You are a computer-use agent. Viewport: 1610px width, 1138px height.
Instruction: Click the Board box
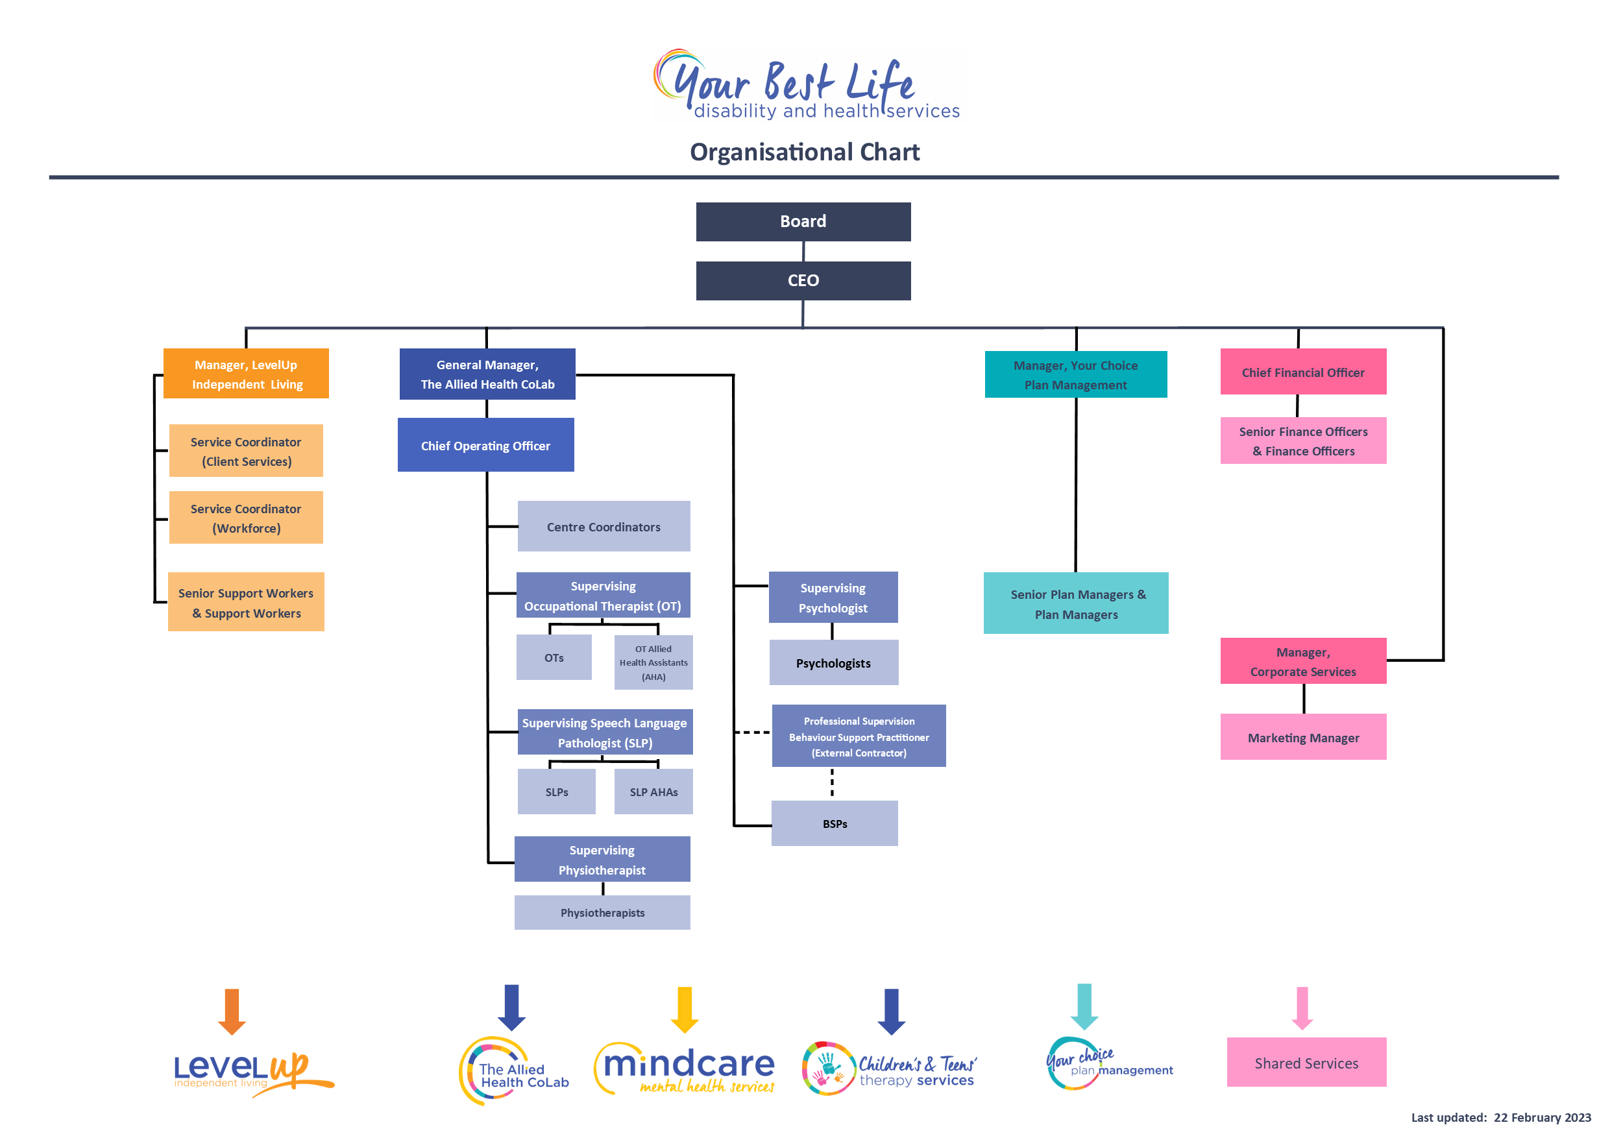point(803,222)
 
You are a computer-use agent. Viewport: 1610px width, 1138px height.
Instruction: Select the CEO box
point(803,280)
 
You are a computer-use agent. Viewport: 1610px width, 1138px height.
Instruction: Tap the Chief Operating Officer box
point(485,445)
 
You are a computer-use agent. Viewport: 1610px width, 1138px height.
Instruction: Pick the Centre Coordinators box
point(603,527)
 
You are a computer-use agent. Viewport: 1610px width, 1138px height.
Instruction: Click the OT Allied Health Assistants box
point(653,662)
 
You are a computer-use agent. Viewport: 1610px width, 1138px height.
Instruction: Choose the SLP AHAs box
point(653,792)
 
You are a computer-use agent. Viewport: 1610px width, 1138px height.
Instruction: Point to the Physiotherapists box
point(602,912)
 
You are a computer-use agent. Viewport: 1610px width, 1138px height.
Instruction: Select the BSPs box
point(835,823)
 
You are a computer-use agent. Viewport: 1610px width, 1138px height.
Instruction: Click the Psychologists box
point(833,662)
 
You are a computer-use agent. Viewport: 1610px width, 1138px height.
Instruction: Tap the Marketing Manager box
point(1303,737)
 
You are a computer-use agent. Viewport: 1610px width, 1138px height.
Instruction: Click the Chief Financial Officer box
point(1303,372)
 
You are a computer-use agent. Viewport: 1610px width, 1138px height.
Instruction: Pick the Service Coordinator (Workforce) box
point(245,518)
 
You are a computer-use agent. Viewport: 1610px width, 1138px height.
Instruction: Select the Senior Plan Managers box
point(1076,603)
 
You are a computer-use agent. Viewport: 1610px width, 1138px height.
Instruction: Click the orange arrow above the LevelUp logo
point(232,1011)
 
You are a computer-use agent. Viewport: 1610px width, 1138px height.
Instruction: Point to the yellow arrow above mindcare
point(685,1010)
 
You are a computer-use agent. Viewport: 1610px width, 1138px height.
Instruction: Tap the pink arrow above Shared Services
point(1302,1008)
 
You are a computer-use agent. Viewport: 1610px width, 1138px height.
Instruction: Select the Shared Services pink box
point(1306,1062)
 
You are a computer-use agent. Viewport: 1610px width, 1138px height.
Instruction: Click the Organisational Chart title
point(804,152)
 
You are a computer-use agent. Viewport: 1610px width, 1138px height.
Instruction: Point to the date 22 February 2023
point(1542,1118)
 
